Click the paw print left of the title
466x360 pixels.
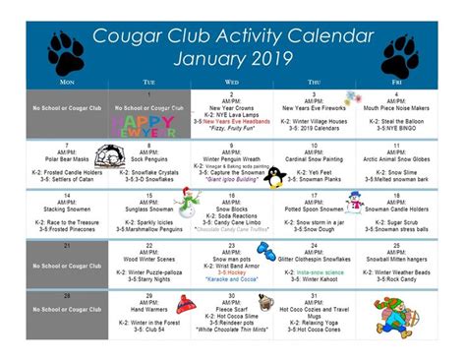[65, 50]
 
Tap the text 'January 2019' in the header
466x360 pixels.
[233, 58]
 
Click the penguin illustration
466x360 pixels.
[275, 176]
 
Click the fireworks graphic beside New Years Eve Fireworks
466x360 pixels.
[352, 98]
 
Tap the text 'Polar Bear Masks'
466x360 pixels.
[68, 157]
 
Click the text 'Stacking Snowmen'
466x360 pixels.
[68, 210]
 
